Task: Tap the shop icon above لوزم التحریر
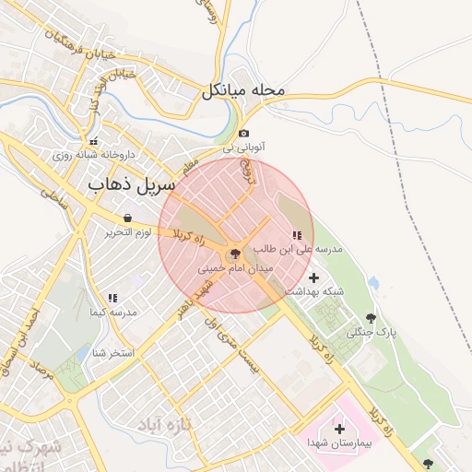(x=126, y=218)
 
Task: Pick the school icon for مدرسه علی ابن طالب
(x=297, y=236)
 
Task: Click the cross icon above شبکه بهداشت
(x=313, y=277)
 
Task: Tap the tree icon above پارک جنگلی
(x=372, y=317)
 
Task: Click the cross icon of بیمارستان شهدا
(x=339, y=429)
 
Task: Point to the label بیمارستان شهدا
(x=341, y=443)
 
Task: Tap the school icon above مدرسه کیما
(x=112, y=299)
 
